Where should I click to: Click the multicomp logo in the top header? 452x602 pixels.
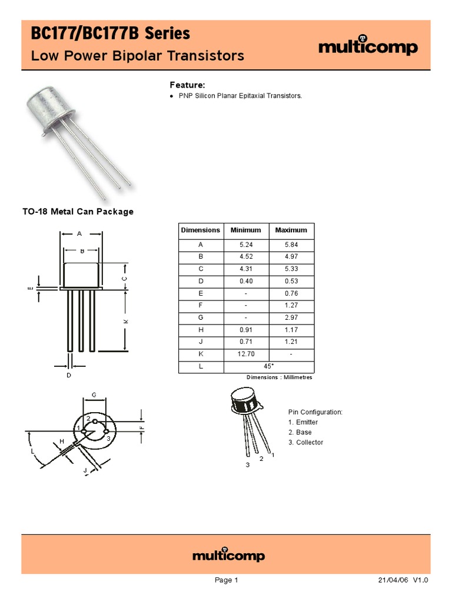(x=368, y=47)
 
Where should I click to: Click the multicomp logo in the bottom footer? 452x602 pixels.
(x=229, y=556)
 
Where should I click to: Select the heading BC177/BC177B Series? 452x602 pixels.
(x=111, y=34)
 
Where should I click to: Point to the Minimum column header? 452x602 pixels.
(x=245, y=230)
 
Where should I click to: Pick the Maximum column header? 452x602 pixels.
(x=291, y=230)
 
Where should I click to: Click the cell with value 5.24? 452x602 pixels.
(x=245, y=244)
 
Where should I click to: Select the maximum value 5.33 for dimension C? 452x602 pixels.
(x=291, y=269)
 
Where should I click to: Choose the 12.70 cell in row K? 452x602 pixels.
(x=245, y=354)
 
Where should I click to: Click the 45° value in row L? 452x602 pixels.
(x=269, y=366)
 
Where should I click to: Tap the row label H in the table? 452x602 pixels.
(x=201, y=330)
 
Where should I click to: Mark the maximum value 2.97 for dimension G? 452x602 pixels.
(x=291, y=317)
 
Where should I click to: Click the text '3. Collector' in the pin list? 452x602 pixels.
(x=305, y=443)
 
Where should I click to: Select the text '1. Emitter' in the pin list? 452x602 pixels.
(x=303, y=422)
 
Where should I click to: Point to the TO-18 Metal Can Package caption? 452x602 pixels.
(x=78, y=212)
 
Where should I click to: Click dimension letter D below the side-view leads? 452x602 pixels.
(x=69, y=374)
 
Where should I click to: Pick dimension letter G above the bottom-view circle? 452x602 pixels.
(x=94, y=394)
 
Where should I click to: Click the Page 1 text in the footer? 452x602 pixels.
(x=226, y=580)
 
